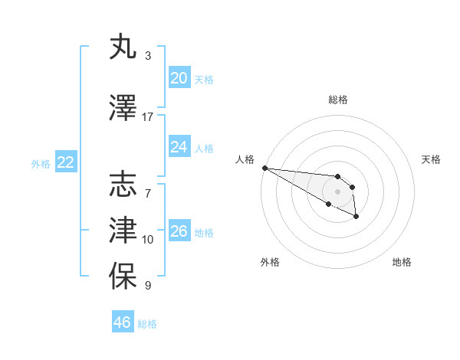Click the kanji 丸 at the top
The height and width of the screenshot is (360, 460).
click(124, 47)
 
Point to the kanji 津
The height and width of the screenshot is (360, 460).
click(124, 230)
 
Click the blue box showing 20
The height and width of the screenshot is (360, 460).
click(179, 78)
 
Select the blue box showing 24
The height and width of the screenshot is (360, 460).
click(179, 147)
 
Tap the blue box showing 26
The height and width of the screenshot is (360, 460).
click(179, 231)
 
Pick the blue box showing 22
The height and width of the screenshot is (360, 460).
click(65, 162)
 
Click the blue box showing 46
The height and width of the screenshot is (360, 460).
click(123, 322)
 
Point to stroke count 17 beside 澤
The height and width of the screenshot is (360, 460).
click(148, 117)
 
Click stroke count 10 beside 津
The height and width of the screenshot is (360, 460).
click(148, 240)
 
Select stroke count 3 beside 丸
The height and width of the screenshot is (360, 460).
click(148, 56)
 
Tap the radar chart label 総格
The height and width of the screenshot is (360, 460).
click(338, 100)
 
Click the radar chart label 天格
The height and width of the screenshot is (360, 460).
click(431, 159)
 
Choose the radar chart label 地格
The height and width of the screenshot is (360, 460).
click(402, 262)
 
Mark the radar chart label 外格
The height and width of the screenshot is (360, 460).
click(270, 262)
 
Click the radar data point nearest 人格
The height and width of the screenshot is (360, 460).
click(264, 168)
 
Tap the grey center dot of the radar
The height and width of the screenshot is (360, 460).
click(337, 191)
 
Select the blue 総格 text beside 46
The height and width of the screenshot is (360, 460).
click(147, 324)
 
